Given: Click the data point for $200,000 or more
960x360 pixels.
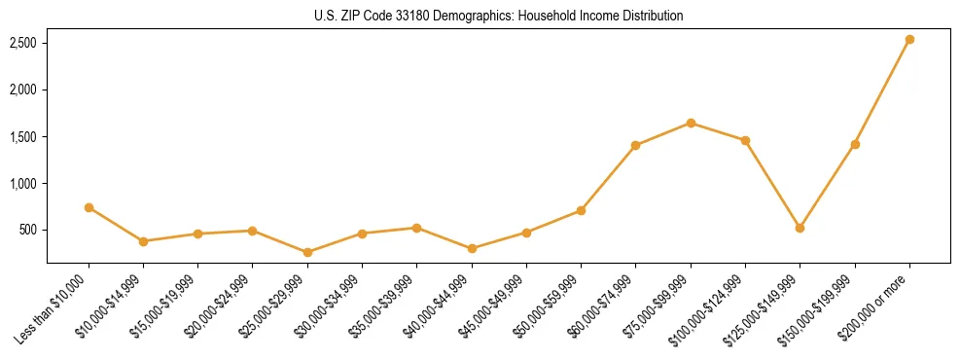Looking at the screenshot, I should click(909, 40).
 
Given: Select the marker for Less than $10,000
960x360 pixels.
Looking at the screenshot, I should click(89, 207).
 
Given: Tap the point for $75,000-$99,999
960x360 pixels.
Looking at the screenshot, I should click(691, 123).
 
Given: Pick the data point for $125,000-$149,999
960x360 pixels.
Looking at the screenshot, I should click(800, 228).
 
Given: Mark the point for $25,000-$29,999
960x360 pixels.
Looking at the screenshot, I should click(307, 252).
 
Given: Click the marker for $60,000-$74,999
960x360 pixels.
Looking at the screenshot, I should click(635, 145).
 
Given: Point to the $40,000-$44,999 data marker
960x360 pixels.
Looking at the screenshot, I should click(472, 248).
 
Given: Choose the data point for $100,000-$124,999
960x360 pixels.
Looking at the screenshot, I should click(745, 140).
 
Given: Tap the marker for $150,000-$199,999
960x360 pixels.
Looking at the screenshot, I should click(855, 144).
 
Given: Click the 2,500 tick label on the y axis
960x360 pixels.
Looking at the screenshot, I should click(23, 44).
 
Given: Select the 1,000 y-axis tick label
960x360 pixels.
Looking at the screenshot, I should click(23, 184).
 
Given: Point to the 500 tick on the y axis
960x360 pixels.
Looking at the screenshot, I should click(28, 231).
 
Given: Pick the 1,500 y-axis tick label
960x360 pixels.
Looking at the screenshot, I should click(23, 137).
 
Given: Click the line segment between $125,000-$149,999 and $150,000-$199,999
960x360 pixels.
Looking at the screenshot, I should click(827, 186).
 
